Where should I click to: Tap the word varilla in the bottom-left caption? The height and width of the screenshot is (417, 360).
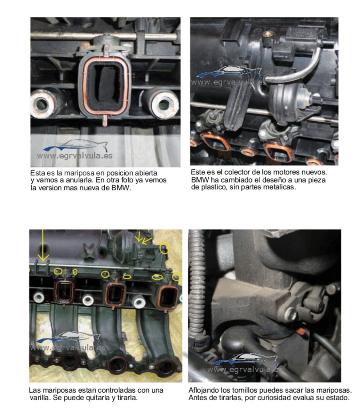(40, 398)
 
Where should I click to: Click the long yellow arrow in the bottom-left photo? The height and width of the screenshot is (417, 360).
(43, 246)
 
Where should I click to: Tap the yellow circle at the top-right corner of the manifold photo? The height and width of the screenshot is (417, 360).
(165, 248)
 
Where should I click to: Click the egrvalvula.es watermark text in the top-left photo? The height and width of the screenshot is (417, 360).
(75, 156)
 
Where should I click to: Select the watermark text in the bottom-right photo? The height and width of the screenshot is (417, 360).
(245, 370)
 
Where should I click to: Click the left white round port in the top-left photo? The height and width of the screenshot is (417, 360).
(42, 104)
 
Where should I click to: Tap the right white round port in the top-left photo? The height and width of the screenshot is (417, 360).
(163, 104)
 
